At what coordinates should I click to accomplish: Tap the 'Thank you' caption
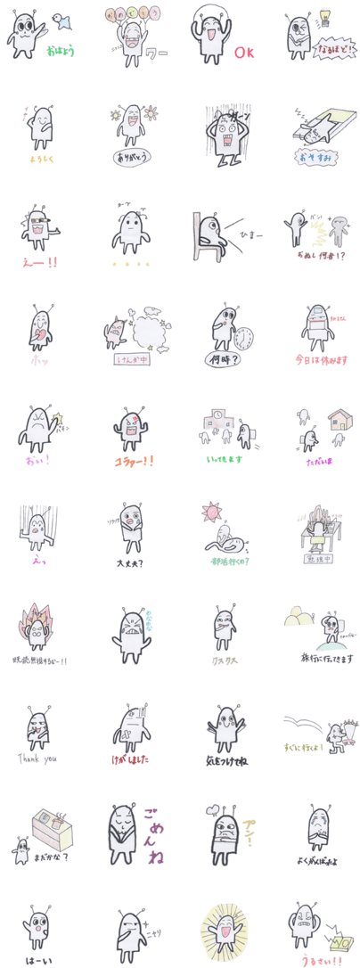click(x=38, y=759)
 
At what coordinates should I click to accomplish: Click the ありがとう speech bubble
click(x=129, y=159)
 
